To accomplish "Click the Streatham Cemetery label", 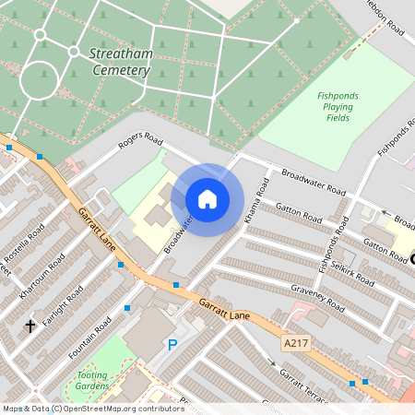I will click(x=119, y=63).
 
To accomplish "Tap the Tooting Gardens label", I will click(x=91, y=379).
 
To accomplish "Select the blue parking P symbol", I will click(x=171, y=346).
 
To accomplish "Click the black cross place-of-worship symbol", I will click(x=30, y=326).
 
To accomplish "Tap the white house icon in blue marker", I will click(x=207, y=199).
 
